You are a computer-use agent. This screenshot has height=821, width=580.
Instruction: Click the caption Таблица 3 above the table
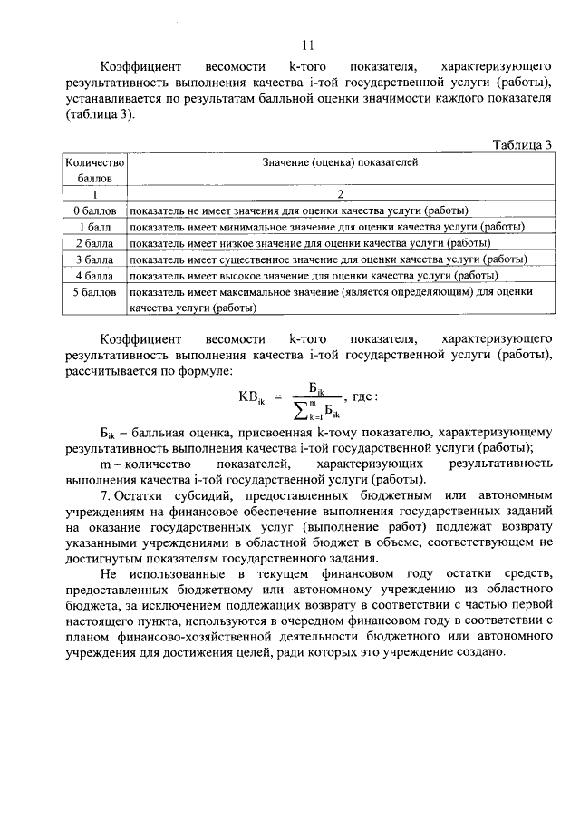522,145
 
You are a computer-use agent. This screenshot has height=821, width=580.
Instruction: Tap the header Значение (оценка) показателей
340,162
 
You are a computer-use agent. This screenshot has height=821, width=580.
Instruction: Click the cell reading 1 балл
93,226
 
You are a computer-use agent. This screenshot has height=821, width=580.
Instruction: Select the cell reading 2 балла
92,242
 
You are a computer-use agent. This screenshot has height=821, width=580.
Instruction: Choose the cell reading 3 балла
92,259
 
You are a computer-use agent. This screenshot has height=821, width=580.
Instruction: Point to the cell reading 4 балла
92,275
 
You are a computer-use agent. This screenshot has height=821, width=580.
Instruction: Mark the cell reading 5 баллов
92,292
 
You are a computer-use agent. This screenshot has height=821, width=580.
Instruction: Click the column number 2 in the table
340,194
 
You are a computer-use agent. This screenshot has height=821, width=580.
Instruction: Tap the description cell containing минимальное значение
328,226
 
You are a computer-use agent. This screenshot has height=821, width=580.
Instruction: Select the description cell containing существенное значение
328,259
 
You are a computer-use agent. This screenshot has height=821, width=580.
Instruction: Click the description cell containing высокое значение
313,275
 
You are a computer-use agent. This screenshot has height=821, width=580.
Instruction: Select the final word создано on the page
474,654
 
